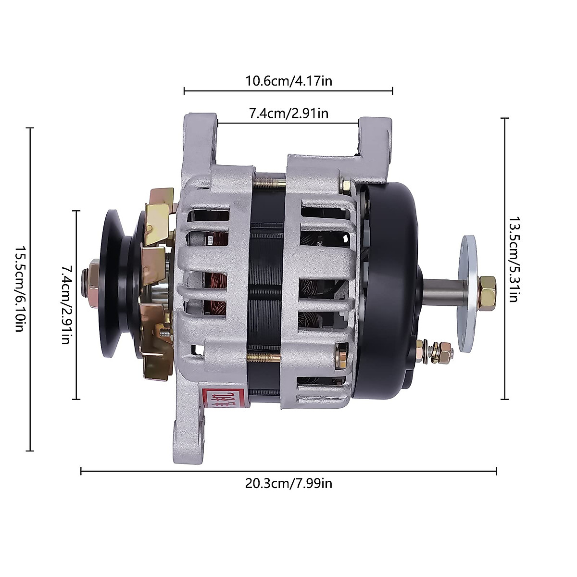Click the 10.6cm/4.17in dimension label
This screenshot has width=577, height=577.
pos(288,80)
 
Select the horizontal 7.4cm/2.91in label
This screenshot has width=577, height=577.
pos(288,113)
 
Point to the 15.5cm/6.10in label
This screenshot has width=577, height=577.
pos(20,289)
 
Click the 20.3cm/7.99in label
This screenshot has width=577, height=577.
pos(288,483)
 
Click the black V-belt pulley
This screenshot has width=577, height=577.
pos(113,284)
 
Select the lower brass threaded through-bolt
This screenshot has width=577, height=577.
pos(264,357)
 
